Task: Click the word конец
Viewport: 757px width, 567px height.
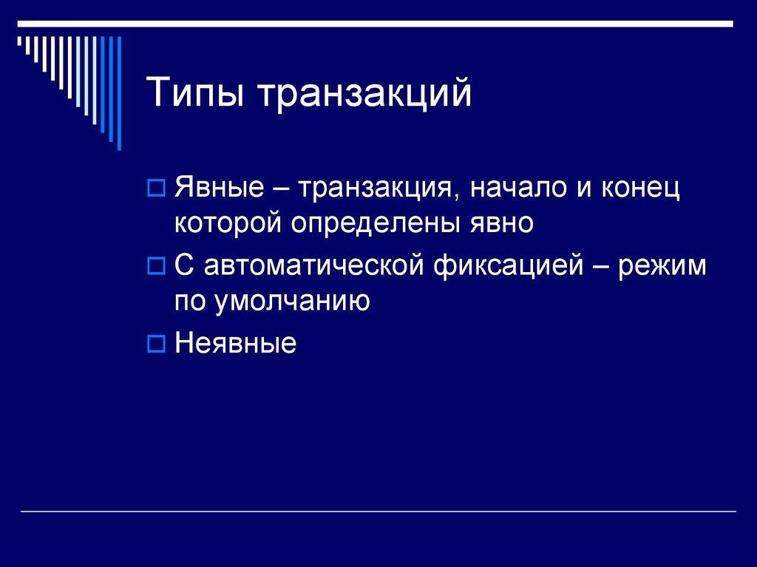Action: [642, 189]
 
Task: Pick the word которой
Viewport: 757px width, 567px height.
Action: [228, 222]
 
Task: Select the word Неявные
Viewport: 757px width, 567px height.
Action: [236, 344]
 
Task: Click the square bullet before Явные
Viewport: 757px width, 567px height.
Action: [155, 189]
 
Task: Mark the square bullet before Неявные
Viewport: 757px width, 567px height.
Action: [155, 344]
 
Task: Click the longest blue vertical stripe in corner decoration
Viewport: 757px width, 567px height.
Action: [118, 92]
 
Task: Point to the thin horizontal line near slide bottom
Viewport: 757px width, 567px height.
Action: [378, 512]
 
